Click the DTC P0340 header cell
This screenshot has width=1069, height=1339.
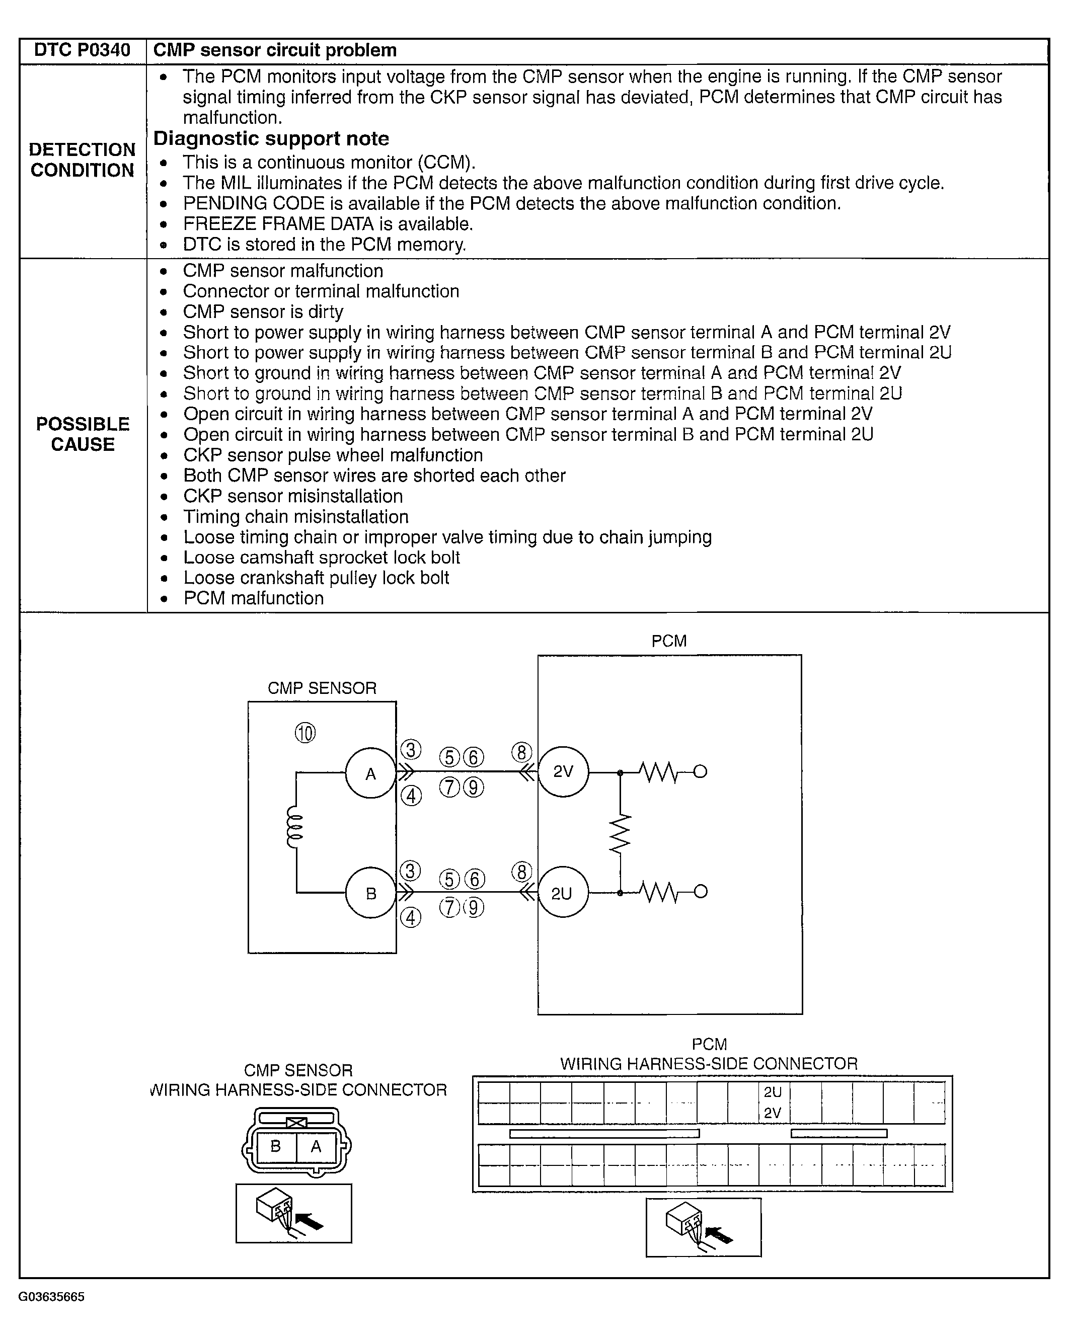[82, 50]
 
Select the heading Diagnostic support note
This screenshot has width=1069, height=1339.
[271, 138]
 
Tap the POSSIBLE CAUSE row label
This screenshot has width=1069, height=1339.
[83, 434]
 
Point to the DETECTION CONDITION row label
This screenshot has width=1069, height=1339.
[82, 160]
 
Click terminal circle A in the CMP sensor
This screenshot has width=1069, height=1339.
[370, 774]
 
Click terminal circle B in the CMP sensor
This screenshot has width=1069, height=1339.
[370, 893]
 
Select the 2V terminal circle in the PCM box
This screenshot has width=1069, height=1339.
[563, 772]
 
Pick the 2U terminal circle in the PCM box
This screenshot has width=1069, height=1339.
[563, 893]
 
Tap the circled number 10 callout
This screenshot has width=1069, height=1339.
[305, 734]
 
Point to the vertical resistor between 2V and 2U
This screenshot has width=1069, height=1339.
[620, 833]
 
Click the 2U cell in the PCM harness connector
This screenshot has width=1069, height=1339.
[774, 1091]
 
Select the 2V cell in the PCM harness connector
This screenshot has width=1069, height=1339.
[774, 1113]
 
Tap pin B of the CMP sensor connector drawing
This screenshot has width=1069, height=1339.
[275, 1146]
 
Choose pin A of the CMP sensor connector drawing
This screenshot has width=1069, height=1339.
[316, 1146]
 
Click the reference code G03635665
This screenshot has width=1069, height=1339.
[51, 1297]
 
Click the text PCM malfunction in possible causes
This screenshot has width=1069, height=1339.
[254, 598]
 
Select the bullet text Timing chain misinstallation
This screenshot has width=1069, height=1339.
[295, 517]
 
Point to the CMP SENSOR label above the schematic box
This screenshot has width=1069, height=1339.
[322, 688]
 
